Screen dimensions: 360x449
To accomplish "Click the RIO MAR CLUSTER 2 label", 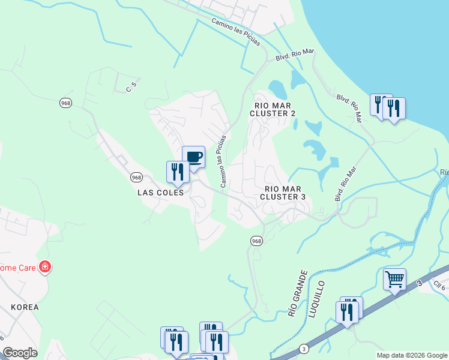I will [x=273, y=109].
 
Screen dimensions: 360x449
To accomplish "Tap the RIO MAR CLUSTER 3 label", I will [x=283, y=192].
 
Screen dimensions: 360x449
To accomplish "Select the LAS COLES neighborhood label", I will [x=160, y=193].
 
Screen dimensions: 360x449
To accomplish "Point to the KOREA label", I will [x=25, y=307].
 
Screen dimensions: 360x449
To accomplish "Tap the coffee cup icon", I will [x=193, y=158].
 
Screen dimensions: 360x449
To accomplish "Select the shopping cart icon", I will [x=394, y=280].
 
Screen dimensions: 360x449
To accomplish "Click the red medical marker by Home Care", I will [x=44, y=266].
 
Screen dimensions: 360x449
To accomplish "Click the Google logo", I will [x=20, y=353].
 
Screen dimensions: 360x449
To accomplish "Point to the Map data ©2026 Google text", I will [x=412, y=355].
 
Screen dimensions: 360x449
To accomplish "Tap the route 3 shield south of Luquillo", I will [x=304, y=348].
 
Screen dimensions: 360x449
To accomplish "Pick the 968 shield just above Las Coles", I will [x=137, y=178].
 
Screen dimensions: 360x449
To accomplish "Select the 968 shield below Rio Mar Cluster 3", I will [x=256, y=241].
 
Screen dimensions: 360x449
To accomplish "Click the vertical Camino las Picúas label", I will [x=223, y=161].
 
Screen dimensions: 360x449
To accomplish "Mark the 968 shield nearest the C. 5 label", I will [x=65, y=103].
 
